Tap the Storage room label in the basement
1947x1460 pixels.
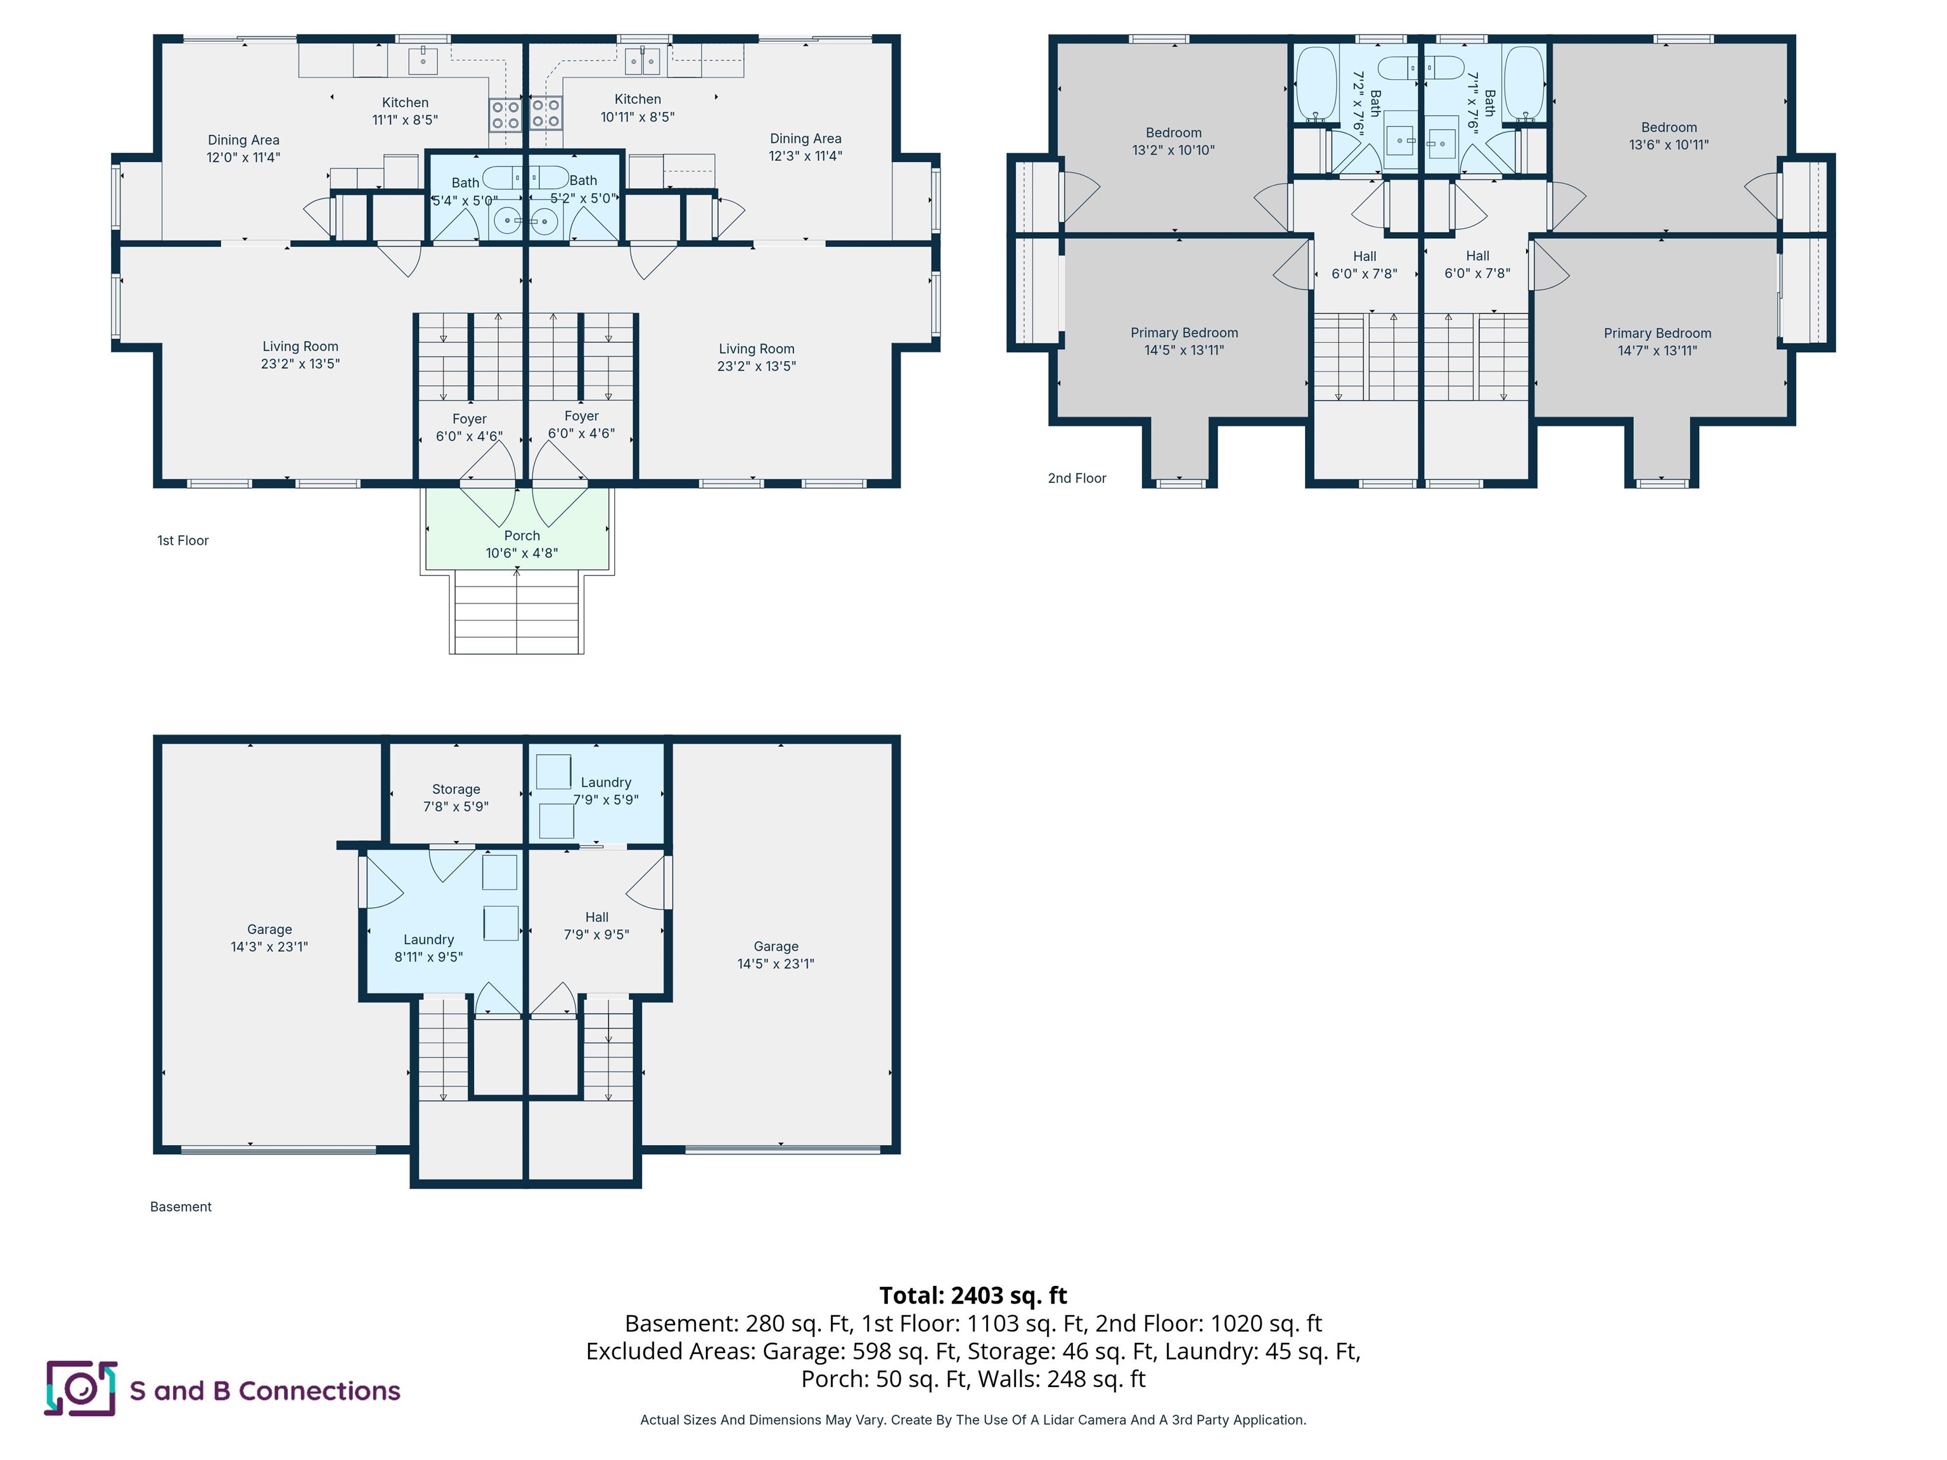tap(456, 790)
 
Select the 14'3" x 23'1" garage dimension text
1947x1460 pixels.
tap(269, 947)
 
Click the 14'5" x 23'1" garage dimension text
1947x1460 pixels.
tap(776, 964)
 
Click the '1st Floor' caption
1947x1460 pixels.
tap(183, 541)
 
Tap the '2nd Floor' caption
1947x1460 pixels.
tap(1076, 478)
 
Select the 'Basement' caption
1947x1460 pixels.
tap(181, 1207)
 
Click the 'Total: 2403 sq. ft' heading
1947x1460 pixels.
tap(973, 1295)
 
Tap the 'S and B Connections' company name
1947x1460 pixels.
tap(265, 1390)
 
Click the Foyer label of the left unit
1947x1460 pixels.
tap(469, 419)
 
